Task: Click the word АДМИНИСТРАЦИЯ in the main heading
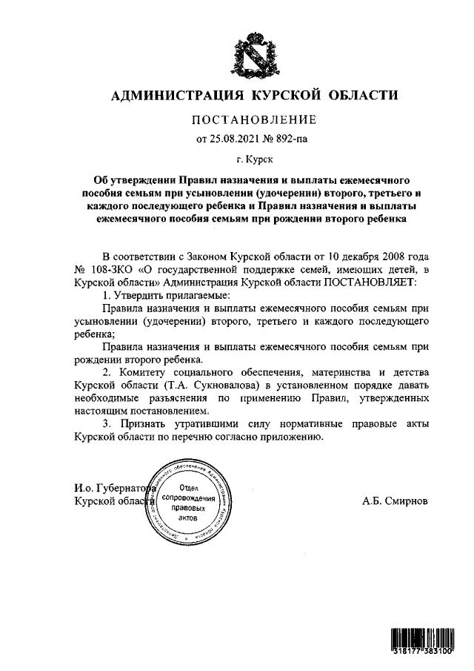click(173, 95)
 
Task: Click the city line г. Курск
click(254, 159)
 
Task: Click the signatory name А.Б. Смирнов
click(395, 501)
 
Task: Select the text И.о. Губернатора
click(111, 489)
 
